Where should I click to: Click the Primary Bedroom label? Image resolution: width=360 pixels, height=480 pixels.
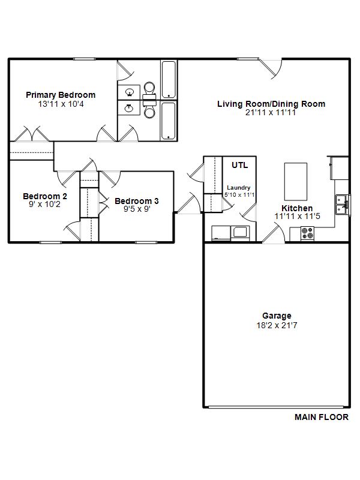pos(61,95)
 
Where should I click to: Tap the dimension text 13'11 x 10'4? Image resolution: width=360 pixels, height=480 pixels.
pos(61,104)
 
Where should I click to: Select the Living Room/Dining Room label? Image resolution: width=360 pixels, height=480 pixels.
pos(271,104)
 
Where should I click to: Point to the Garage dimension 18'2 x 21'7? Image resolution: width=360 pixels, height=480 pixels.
pos(277,325)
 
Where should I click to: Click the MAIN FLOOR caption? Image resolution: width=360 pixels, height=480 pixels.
pos(322,417)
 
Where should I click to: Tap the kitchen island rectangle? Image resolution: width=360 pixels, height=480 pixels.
pos(295,182)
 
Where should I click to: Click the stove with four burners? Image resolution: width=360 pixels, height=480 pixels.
pos(307,233)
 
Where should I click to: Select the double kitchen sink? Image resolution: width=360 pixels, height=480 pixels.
pos(342,205)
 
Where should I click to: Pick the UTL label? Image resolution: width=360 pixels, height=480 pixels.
pos(239,166)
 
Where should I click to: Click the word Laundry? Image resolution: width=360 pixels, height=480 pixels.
pos(238,188)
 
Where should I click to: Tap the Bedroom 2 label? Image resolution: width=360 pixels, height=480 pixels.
pos(45,196)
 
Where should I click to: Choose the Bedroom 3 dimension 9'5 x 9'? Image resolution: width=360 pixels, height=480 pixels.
pos(137,209)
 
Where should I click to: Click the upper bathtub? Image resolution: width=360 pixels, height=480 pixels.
pos(169,80)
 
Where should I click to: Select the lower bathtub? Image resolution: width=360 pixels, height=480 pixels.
pos(169,121)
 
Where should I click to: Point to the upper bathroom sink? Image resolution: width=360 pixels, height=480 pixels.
pos(129,92)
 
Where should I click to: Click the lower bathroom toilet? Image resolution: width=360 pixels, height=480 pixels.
pos(149,110)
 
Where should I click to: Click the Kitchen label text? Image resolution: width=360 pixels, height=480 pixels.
pos(297,208)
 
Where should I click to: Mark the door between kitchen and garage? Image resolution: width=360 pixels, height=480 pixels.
pos(274,233)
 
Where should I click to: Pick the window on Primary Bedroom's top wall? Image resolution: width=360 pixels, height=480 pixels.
pos(84,59)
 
